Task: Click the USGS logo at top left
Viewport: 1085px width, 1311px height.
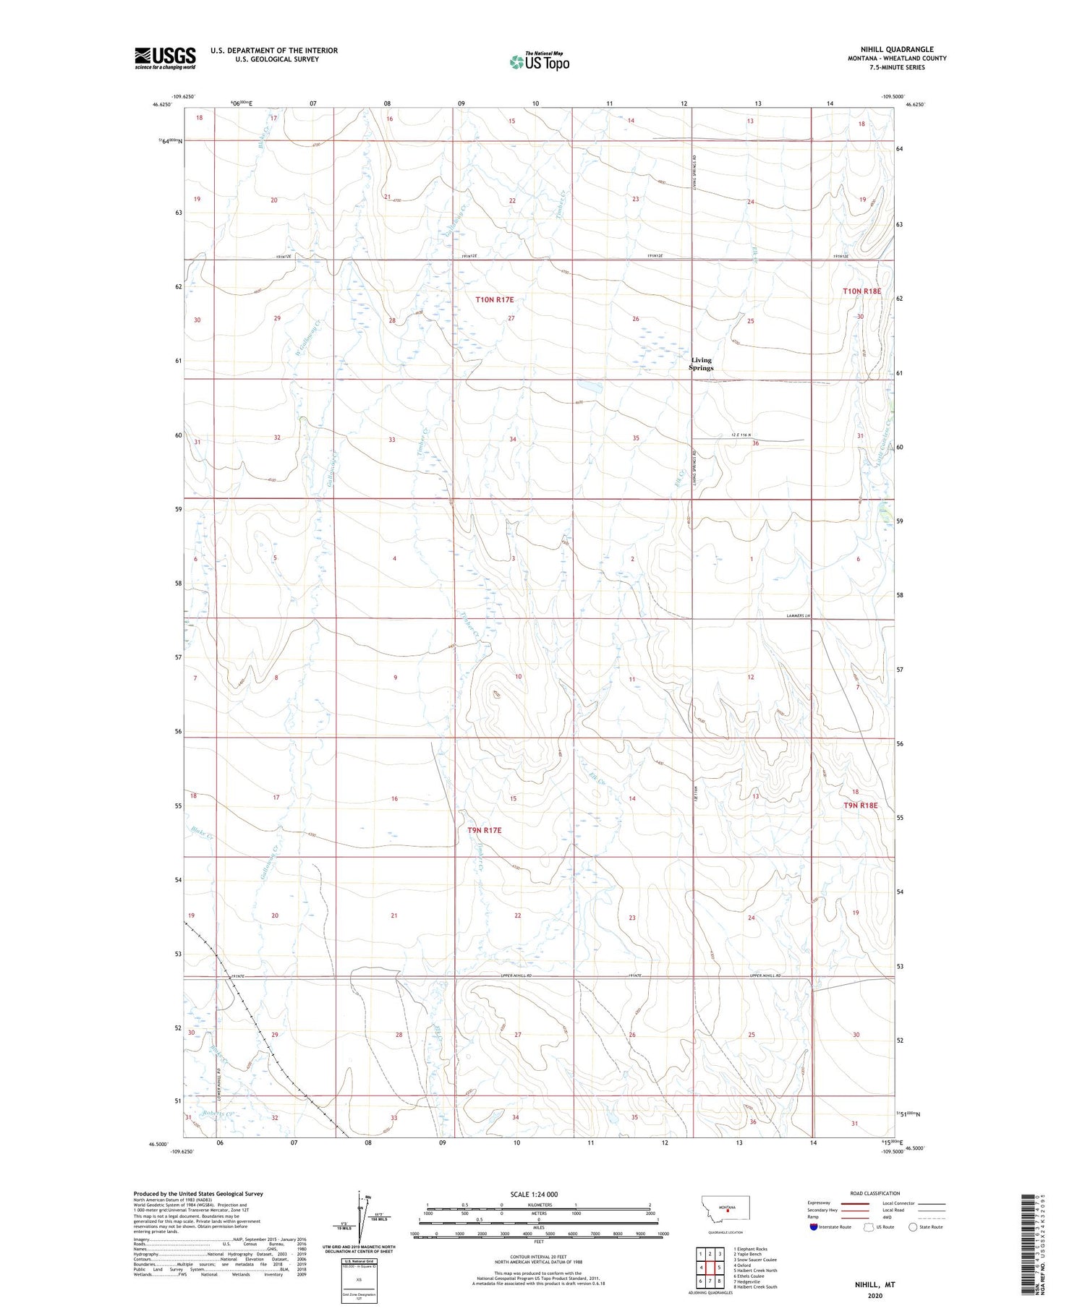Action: (x=165, y=58)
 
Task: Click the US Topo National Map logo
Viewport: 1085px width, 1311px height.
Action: (x=539, y=62)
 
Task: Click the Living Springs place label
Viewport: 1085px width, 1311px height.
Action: (x=701, y=364)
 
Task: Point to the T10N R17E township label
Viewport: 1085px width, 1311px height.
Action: (x=494, y=299)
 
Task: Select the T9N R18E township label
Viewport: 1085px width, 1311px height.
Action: (x=860, y=805)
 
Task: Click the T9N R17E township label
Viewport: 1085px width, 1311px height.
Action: (x=484, y=830)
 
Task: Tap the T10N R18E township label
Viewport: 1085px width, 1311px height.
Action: (x=862, y=291)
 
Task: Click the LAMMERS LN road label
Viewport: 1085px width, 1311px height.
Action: (x=800, y=616)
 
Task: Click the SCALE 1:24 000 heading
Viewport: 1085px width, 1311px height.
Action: (x=534, y=1194)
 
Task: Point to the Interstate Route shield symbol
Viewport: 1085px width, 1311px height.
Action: (x=814, y=1227)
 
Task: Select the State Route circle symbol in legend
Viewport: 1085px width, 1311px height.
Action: (x=913, y=1227)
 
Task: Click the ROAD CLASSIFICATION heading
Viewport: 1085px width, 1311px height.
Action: (x=875, y=1193)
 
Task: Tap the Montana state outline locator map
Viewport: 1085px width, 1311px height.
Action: (x=726, y=1208)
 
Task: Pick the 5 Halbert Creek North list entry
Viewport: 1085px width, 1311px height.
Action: (x=755, y=1270)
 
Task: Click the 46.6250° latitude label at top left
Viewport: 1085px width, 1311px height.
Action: (x=163, y=104)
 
